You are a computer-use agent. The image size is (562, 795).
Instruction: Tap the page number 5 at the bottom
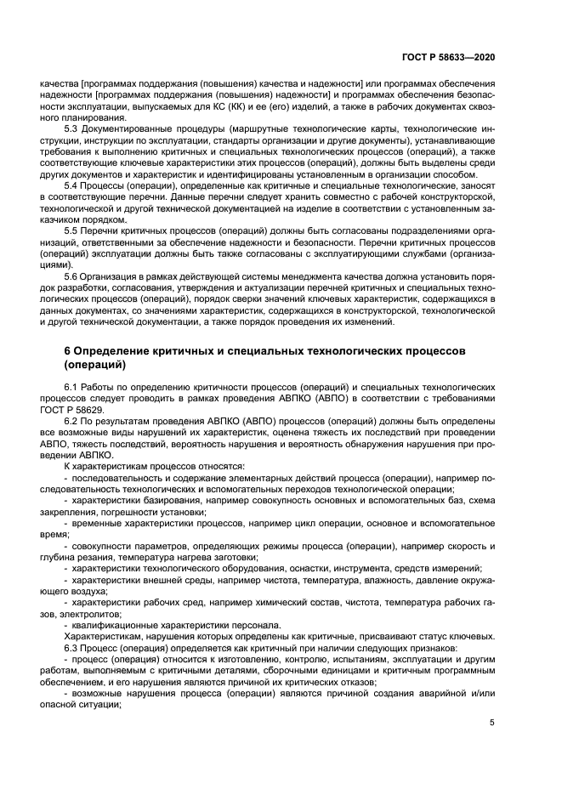tap(491, 723)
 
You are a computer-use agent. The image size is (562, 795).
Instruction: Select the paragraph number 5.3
tap(72, 128)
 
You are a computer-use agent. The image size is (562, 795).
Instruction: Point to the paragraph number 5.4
tap(72, 185)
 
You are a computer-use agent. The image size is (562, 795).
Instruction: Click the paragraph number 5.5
tap(72, 230)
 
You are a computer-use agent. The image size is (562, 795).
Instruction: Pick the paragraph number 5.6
tap(72, 276)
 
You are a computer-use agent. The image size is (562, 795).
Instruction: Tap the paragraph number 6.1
tap(72, 388)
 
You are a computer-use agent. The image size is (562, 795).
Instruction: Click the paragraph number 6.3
tap(72, 647)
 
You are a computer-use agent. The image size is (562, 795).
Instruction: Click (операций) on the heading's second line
tap(94, 366)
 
